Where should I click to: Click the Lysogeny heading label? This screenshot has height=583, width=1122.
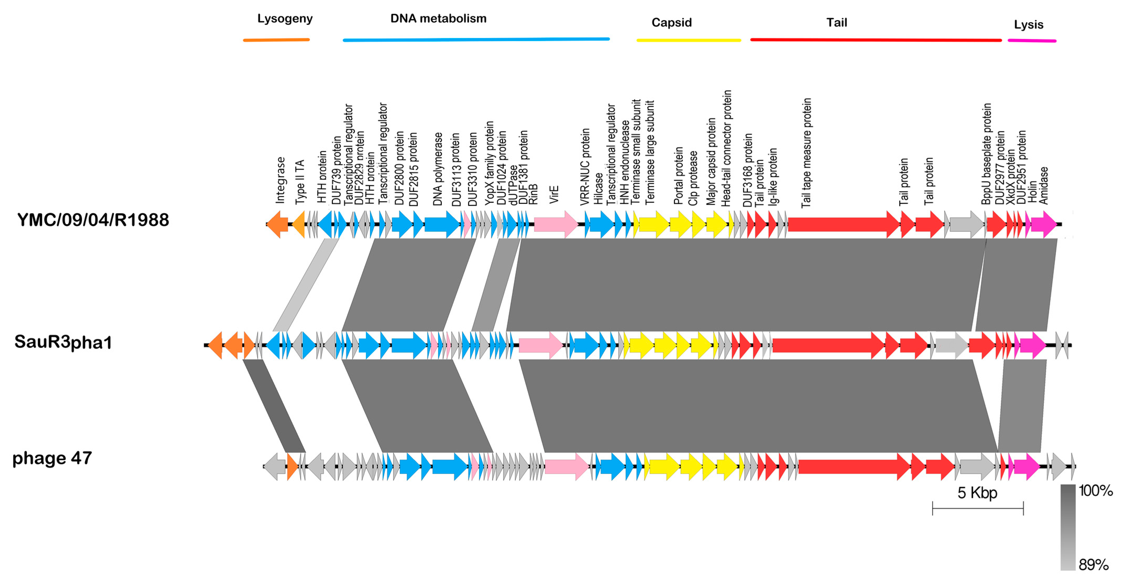[x=285, y=19]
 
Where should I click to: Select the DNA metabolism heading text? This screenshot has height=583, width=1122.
[x=438, y=19]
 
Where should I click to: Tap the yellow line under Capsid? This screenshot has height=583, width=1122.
[x=688, y=40]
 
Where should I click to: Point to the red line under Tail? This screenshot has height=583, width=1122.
[x=876, y=40]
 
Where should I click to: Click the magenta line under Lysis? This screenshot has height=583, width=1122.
[x=1031, y=41]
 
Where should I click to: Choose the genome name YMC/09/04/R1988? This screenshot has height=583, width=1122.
[x=93, y=220]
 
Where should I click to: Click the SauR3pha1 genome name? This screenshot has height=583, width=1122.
[x=63, y=342]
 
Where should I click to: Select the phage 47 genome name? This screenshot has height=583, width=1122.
[x=52, y=458]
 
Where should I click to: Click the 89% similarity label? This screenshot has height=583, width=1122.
[x=1093, y=565]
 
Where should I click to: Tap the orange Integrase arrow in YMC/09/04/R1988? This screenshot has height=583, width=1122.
[x=277, y=224]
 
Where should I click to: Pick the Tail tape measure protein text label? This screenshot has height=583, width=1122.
[x=806, y=152]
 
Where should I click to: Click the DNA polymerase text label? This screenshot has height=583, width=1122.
[x=438, y=169]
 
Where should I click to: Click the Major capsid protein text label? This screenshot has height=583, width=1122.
[x=711, y=161]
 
